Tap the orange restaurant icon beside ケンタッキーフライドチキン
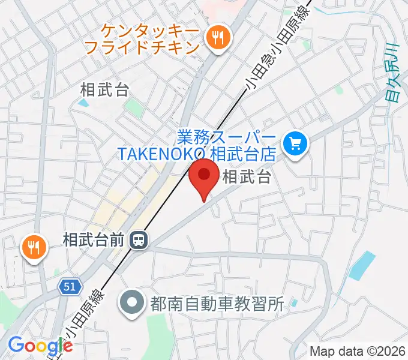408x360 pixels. click(x=216, y=39)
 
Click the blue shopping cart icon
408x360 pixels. click(x=295, y=143)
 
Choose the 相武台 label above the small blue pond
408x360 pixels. click(x=104, y=90)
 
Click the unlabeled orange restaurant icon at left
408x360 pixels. click(x=34, y=246)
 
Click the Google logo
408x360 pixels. click(x=40, y=345)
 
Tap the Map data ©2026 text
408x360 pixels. click(x=358, y=351)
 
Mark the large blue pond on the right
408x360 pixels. click(x=362, y=266)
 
